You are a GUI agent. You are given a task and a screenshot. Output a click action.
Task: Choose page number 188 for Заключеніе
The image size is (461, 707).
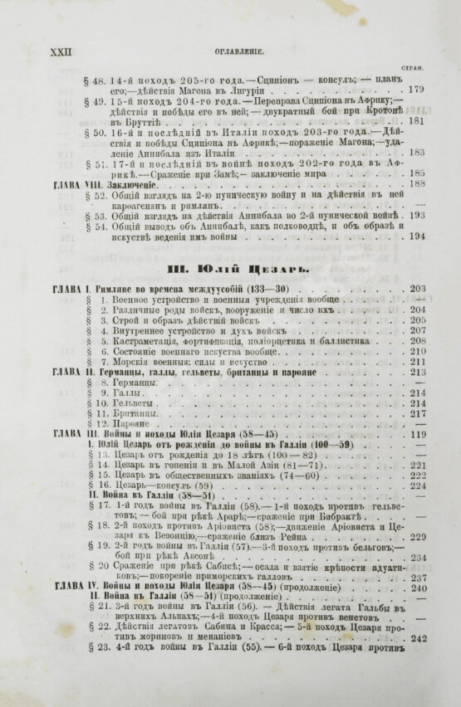click(417, 183)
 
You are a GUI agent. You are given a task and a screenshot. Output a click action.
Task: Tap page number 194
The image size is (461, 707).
click(417, 236)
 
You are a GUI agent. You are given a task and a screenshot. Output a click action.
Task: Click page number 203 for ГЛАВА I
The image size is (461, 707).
click(417, 288)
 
